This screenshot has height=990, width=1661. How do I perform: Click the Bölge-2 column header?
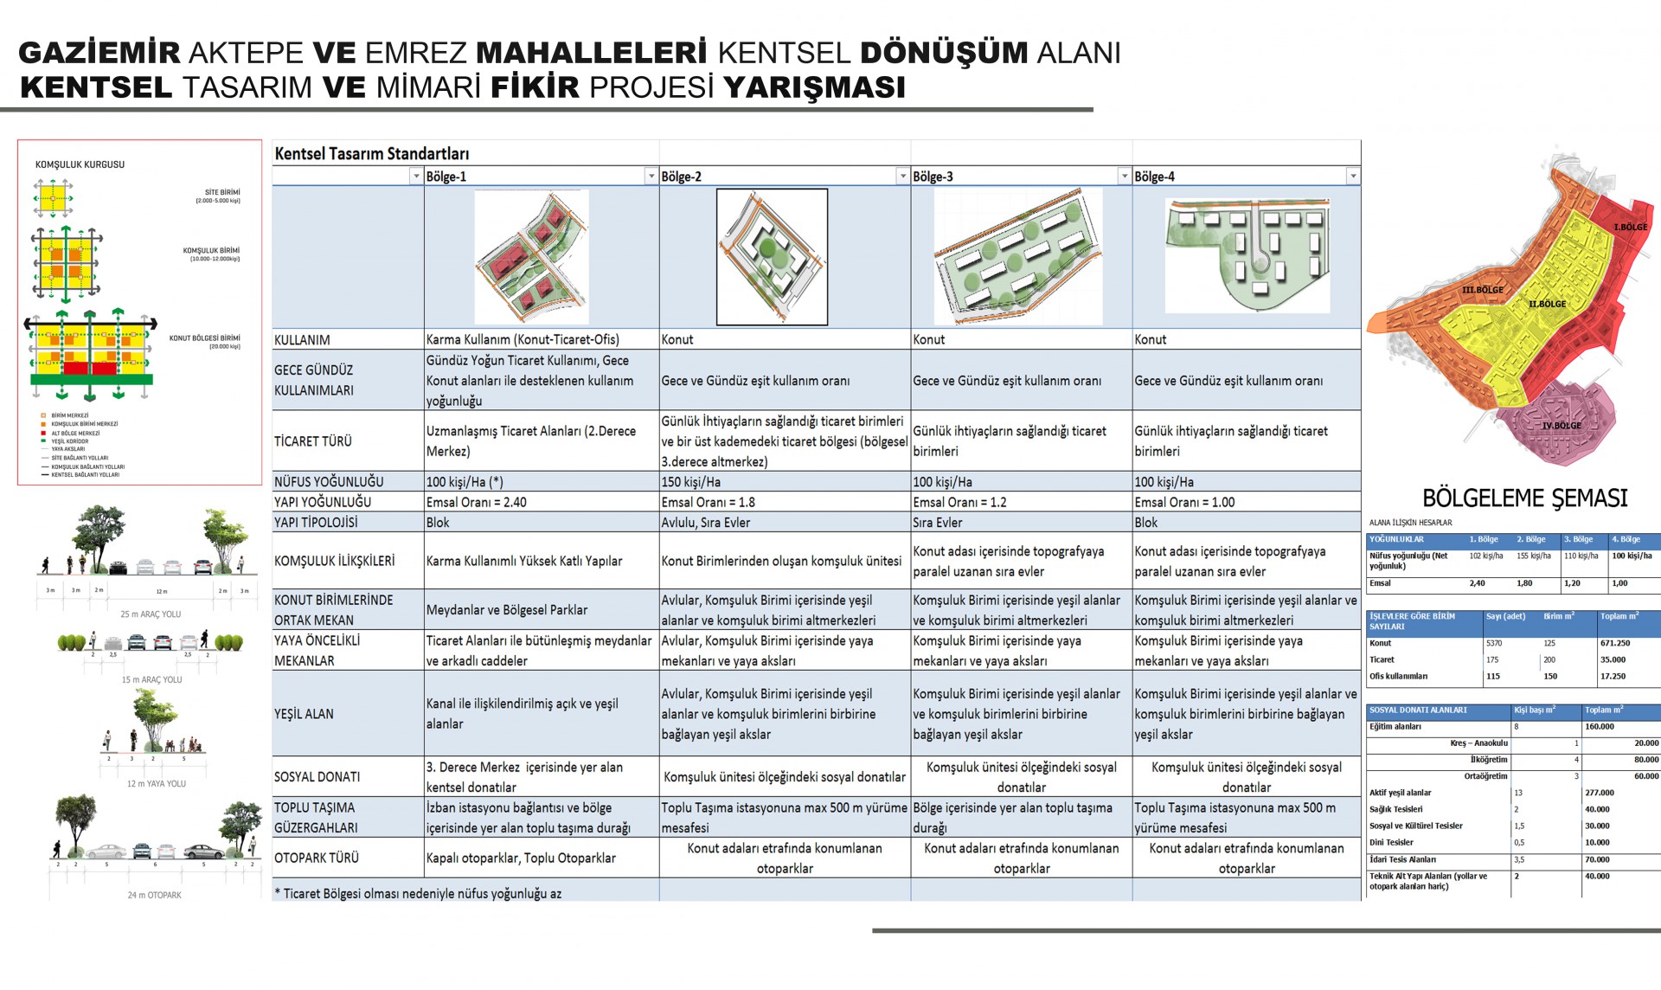pos(682,177)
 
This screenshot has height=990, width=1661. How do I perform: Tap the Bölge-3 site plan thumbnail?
pos(1018,256)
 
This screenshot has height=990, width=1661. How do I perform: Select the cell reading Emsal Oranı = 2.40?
pos(477,502)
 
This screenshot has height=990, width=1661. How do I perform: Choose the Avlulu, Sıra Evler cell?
pos(706,523)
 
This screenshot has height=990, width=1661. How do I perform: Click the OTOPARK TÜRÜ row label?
pos(317,858)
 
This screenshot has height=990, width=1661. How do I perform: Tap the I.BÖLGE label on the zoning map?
pos(1630,227)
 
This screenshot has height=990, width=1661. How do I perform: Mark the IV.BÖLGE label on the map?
pos(1562,425)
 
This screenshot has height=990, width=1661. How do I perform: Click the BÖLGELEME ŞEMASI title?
pos(1525,498)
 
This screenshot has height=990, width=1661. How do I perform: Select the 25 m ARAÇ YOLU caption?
pos(151,614)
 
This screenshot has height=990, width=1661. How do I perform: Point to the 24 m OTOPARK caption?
pos(155,895)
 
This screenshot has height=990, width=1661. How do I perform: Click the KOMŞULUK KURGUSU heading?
pos(80,164)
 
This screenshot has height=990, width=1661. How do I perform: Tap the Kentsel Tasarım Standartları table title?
pos(372,154)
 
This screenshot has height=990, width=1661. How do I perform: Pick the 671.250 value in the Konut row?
pos(1615,643)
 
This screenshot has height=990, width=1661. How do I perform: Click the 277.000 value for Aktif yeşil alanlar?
pos(1600,793)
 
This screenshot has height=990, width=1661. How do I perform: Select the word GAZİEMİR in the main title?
pos(99,53)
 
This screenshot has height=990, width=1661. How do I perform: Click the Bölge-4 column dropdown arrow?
pos(1352,177)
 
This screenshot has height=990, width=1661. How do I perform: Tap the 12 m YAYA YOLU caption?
pos(157,784)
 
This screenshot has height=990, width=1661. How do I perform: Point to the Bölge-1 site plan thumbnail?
pos(532,256)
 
